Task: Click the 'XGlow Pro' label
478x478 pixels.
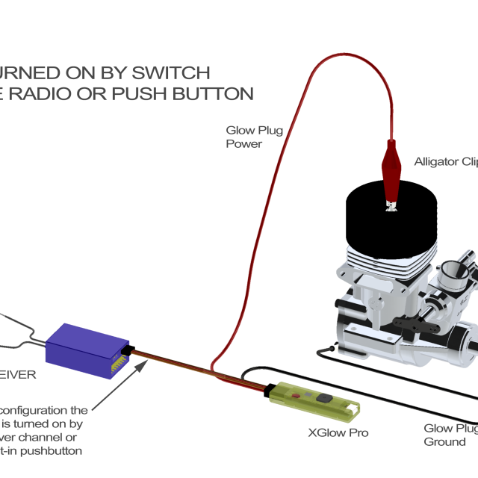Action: pos(338,432)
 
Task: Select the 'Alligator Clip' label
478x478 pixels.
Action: pos(445,161)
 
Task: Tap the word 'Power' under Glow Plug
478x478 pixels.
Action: pos(243,143)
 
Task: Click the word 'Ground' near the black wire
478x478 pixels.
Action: pos(444,441)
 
